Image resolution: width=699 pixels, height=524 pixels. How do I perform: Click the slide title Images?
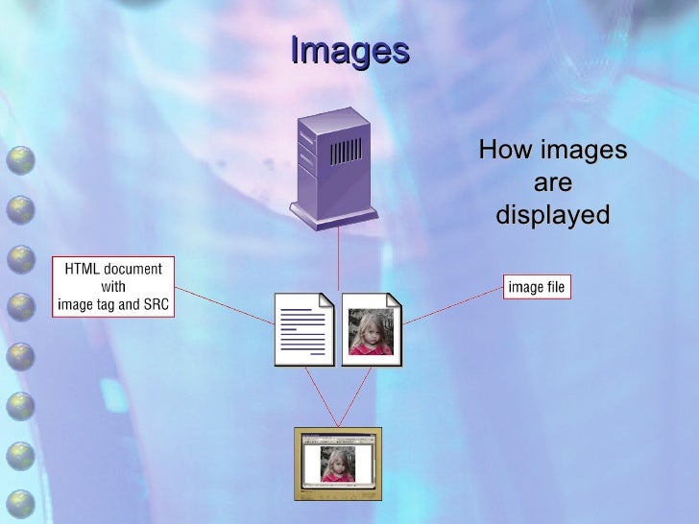click(349, 50)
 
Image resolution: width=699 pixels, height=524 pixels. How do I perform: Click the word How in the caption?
click(507, 151)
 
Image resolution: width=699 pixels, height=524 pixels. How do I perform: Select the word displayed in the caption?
click(552, 215)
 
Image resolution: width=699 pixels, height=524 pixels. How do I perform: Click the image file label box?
click(537, 286)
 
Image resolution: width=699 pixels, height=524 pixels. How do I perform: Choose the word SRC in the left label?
click(153, 305)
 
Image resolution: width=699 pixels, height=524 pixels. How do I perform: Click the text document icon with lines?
click(304, 329)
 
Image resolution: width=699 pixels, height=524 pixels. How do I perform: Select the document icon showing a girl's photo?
click(372, 329)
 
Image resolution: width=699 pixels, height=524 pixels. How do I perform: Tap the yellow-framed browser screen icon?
click(337, 464)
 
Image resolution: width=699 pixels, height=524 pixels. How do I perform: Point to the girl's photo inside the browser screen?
click(337, 464)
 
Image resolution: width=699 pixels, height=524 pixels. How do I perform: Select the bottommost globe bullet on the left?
click(21, 502)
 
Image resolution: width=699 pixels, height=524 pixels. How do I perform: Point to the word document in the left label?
click(133, 268)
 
